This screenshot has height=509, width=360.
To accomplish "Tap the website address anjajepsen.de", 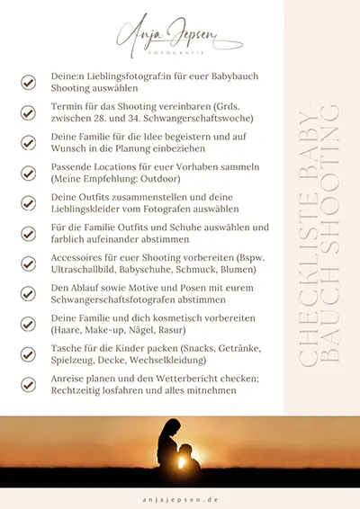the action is pos(180,497).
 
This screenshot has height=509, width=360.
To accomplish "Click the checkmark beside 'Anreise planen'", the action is pos(29,383).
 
